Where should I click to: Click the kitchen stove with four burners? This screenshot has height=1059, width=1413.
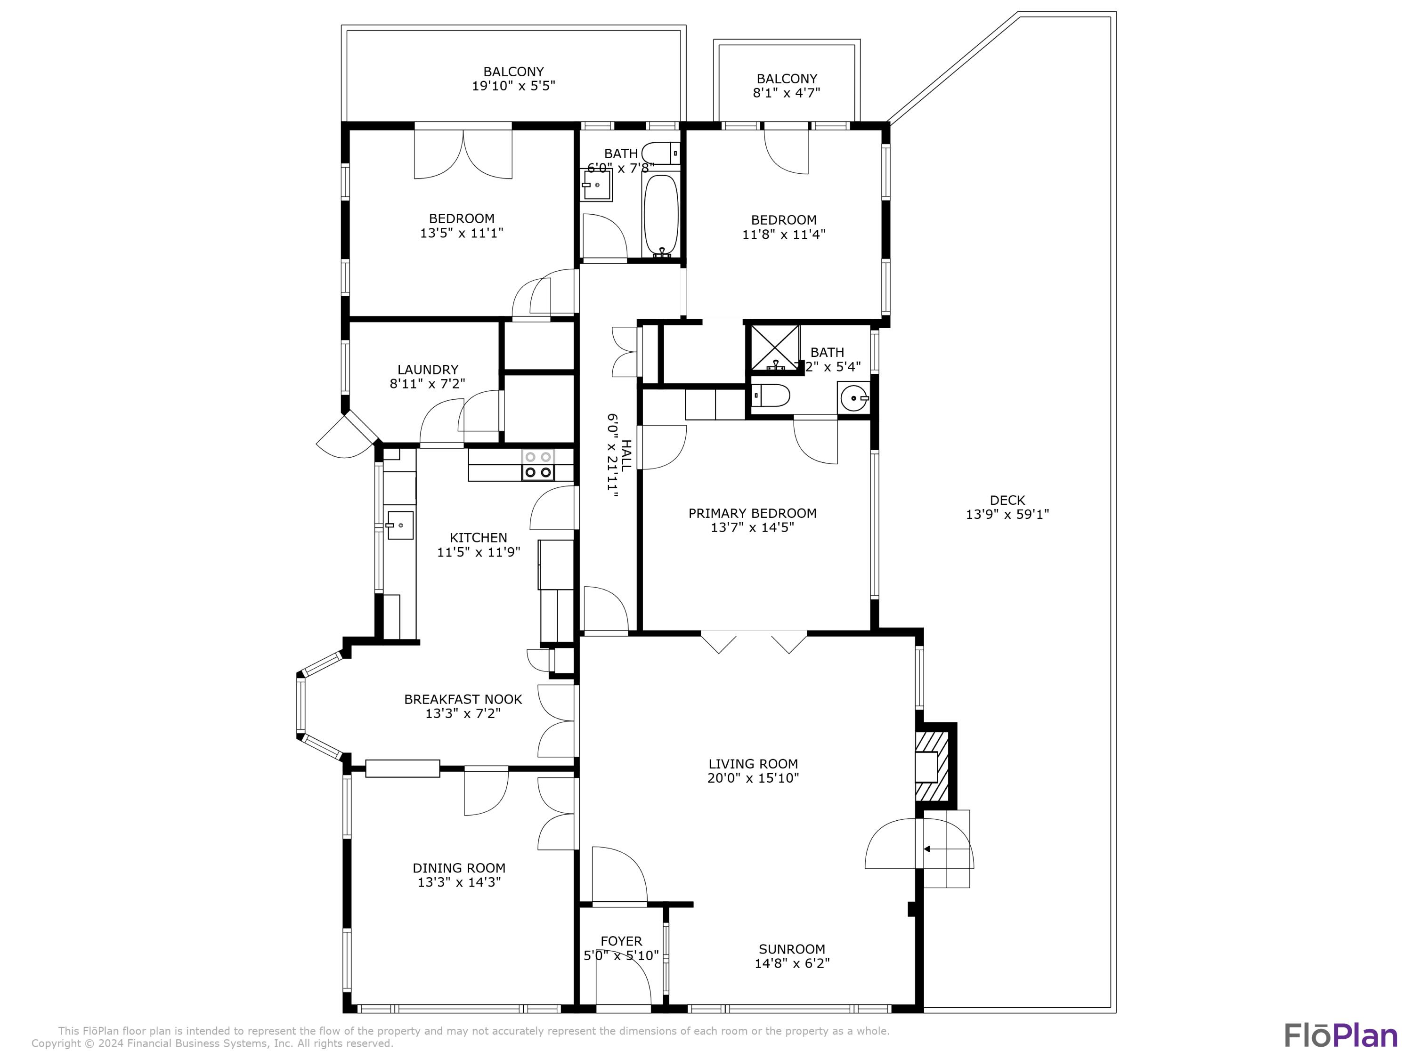(x=538, y=465)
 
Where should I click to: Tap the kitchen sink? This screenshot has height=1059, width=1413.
(x=400, y=525)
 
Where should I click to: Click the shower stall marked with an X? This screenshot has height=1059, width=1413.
(x=774, y=348)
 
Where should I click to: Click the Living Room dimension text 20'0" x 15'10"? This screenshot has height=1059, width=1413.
(x=753, y=778)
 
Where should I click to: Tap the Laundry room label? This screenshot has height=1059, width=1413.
(x=427, y=369)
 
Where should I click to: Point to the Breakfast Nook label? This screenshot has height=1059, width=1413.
(x=463, y=699)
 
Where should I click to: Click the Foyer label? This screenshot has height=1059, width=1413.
(x=621, y=941)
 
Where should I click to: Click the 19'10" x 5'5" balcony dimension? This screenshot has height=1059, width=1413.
(x=513, y=86)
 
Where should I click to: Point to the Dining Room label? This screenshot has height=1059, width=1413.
(x=459, y=867)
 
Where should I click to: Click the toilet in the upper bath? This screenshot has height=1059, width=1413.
(x=660, y=154)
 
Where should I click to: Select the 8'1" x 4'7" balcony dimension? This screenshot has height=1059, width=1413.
(x=787, y=93)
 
